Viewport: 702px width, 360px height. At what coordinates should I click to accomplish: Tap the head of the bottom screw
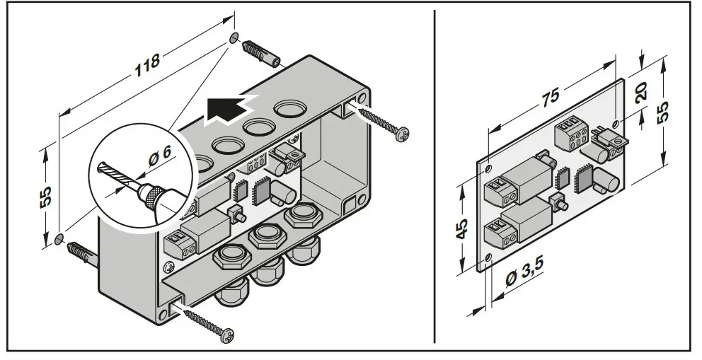coord(226,331)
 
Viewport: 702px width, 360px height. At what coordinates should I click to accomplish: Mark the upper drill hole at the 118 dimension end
coord(234,37)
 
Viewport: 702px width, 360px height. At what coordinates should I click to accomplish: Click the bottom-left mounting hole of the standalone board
coord(487,259)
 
